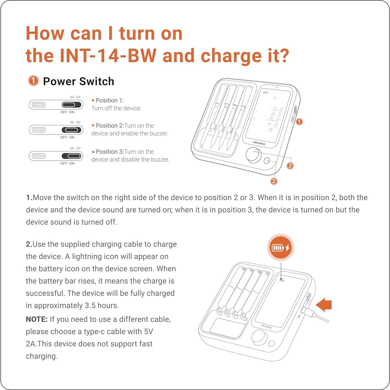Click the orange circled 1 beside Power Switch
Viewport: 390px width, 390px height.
[x=33, y=81]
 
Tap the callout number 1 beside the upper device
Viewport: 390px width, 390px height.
[x=299, y=122]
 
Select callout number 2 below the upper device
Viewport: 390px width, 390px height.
[x=274, y=181]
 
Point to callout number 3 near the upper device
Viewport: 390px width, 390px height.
[x=290, y=166]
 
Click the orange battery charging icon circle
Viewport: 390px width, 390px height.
[x=280, y=248]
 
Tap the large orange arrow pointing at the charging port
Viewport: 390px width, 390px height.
[x=324, y=304]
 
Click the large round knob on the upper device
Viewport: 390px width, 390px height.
[x=253, y=155]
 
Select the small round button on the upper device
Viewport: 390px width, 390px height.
[x=267, y=161]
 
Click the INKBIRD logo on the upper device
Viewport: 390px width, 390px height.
[x=259, y=143]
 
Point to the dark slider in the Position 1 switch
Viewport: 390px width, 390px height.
[x=71, y=105]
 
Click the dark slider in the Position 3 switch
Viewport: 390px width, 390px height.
[x=71, y=156]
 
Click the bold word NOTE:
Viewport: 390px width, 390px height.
[x=37, y=319]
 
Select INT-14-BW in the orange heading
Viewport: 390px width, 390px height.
[x=108, y=56]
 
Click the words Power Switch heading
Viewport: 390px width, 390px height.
[x=78, y=81]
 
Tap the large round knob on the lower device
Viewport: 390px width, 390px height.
[x=259, y=337]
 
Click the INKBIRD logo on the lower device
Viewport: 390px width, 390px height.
[x=266, y=326]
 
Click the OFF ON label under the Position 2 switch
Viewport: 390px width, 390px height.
[x=67, y=137]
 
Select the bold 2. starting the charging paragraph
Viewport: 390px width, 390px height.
[x=29, y=244]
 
